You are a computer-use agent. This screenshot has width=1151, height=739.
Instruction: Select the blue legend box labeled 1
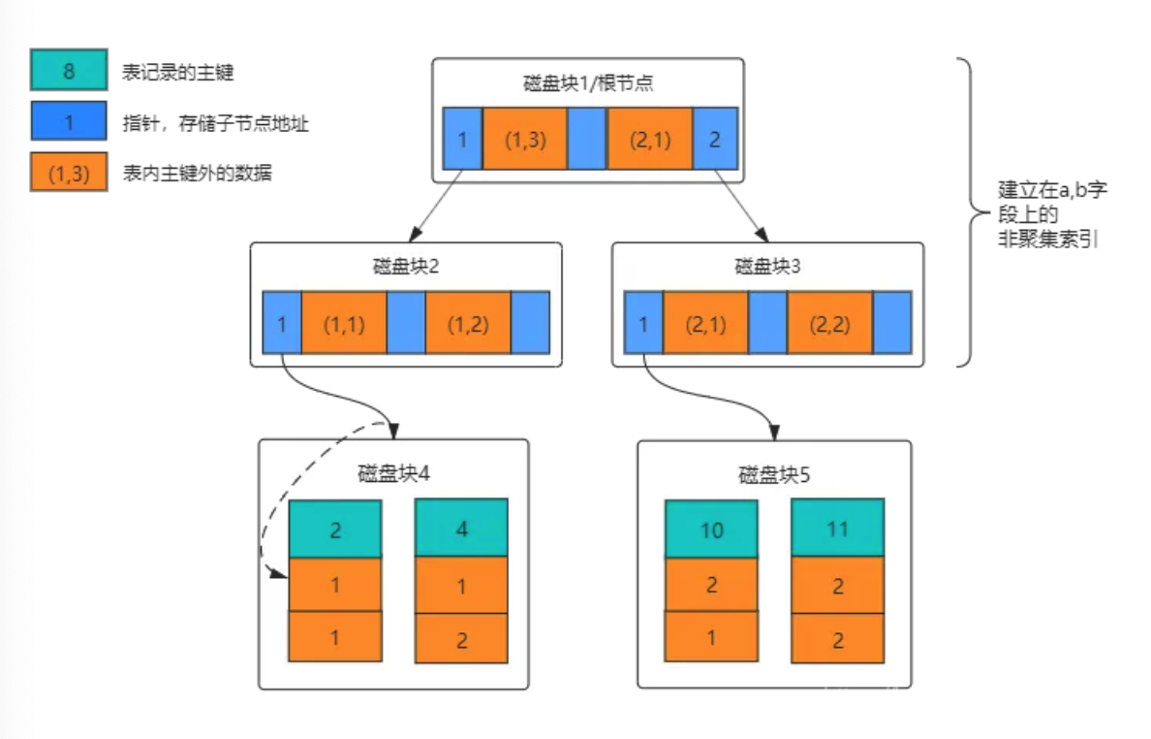pyautogui.click(x=69, y=122)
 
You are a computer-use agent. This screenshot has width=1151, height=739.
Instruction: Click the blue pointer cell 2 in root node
pyautogui.click(x=715, y=139)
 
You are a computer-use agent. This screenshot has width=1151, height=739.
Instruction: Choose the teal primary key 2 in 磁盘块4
pyautogui.click(x=335, y=529)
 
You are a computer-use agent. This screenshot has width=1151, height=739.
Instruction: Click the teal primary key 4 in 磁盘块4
pyautogui.click(x=461, y=529)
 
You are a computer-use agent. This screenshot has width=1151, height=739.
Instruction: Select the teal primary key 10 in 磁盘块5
pyautogui.click(x=711, y=529)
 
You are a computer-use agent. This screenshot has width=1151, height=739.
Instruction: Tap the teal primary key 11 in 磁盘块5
pyautogui.click(x=837, y=529)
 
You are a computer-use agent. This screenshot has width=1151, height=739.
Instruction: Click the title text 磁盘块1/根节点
pyautogui.click(x=588, y=82)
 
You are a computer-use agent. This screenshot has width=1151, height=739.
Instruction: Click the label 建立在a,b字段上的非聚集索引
pyautogui.click(x=1051, y=214)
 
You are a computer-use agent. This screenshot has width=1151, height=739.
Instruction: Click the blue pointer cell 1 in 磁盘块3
pyautogui.click(x=644, y=323)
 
